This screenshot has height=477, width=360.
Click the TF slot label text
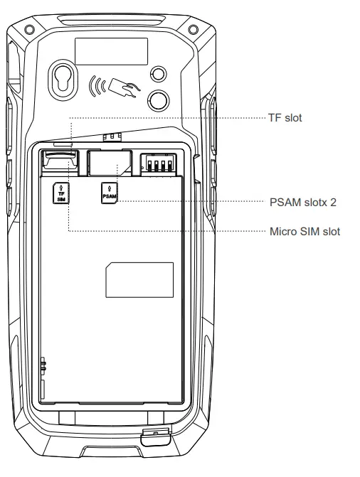(x=285, y=118)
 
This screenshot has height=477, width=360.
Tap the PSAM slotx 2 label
(x=303, y=203)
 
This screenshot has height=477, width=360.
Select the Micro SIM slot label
(x=305, y=232)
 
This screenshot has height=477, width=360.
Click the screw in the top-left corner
(x=29, y=30)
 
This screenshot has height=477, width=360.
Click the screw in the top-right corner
(x=193, y=30)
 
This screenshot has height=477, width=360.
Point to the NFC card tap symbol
(x=115, y=87)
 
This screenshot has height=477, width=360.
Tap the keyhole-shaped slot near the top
(x=63, y=80)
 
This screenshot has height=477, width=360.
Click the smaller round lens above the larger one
(x=159, y=73)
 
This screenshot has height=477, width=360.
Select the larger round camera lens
(x=159, y=100)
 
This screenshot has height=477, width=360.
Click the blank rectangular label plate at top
(x=112, y=51)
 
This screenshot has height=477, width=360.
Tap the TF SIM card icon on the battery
(x=61, y=193)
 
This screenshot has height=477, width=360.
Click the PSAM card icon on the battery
(x=110, y=193)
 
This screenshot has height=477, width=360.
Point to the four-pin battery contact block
(x=159, y=163)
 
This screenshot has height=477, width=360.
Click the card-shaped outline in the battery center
(x=139, y=280)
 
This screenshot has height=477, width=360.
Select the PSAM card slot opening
(x=110, y=163)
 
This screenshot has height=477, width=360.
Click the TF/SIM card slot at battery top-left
(x=60, y=163)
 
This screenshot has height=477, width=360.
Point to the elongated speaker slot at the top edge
(x=112, y=21)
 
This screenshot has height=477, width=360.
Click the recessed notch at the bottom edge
(x=112, y=451)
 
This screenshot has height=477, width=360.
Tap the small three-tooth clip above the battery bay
(x=112, y=137)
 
